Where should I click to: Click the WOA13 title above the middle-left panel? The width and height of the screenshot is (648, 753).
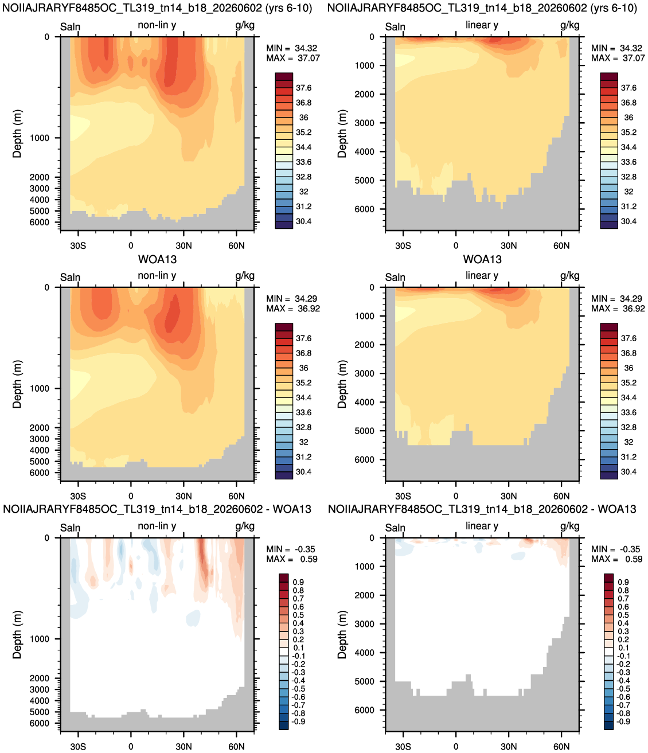point(157,259)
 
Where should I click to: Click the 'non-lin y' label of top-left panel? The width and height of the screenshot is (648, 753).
point(157,25)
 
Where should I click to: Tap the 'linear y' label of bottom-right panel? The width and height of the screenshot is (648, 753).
point(482,526)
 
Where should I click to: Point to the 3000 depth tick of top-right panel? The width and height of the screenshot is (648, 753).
point(365,123)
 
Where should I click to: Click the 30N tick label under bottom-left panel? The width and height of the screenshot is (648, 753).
point(184,747)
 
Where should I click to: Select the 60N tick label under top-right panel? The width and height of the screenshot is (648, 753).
point(561,245)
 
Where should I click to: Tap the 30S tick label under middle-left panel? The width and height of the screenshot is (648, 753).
point(78,496)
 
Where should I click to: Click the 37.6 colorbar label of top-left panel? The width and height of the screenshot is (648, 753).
point(303,88)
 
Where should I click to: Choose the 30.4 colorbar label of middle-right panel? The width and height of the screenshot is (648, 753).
point(629,472)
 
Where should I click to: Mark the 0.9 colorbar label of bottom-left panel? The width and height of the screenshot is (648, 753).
point(298,582)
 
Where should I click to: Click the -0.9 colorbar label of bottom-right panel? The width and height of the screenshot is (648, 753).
point(622,721)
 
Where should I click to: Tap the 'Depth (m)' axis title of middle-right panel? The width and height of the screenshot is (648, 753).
point(342,384)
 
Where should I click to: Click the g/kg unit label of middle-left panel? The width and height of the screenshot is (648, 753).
point(245,276)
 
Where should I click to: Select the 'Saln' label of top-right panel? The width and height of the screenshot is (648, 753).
point(395,26)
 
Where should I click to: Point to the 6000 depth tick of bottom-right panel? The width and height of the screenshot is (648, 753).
point(365,709)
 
